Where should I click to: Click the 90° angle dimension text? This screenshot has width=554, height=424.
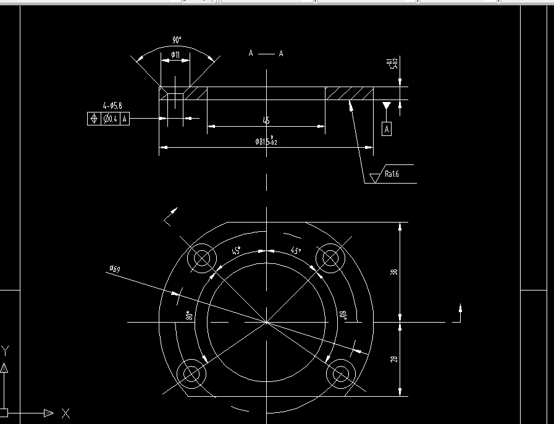click(x=177, y=40)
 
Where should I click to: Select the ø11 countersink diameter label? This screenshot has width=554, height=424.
click(x=175, y=56)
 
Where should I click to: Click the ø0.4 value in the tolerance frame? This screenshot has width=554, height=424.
click(x=111, y=119)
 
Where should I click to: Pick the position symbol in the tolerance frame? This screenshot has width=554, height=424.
click(x=94, y=119)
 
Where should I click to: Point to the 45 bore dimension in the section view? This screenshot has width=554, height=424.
click(x=266, y=121)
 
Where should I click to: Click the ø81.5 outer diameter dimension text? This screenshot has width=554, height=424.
click(x=266, y=142)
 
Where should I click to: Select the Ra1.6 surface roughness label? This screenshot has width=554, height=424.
click(x=392, y=174)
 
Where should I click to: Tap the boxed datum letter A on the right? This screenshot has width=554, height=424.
click(x=387, y=129)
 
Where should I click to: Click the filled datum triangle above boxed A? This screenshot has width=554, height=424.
click(x=387, y=106)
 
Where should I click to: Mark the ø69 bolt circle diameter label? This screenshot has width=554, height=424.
click(x=114, y=268)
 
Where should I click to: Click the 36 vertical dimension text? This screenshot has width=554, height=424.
click(x=394, y=272)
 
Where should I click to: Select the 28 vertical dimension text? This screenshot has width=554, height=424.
click(x=394, y=358)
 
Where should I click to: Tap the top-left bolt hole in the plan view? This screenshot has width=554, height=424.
click(x=203, y=258)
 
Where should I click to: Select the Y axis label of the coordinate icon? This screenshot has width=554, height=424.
click(x=6, y=350)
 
